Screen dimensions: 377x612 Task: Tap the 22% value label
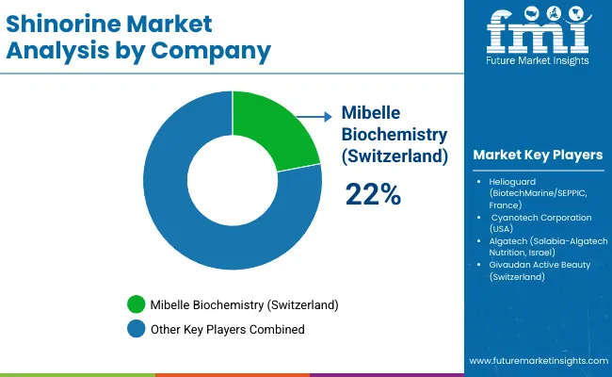[373, 194]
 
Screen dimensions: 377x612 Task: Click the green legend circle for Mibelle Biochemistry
[137, 305]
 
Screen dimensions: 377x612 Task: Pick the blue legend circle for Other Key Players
[137, 329]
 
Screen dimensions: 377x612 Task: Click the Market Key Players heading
[538, 155]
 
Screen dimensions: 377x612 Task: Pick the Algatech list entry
[541, 246]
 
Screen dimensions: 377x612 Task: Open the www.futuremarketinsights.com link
[536, 361]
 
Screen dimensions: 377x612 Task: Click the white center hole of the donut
[231, 178]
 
